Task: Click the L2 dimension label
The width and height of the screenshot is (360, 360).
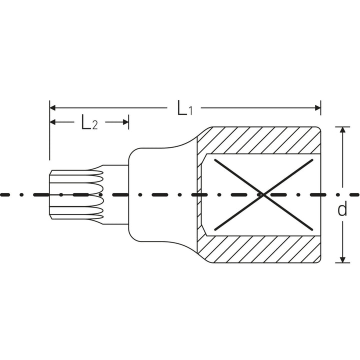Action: tap(89, 123)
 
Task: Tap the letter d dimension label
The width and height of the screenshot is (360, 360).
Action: tap(342, 209)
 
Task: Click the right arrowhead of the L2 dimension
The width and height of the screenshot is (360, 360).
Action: tap(125, 122)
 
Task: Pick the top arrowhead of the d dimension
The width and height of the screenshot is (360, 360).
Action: tap(342, 129)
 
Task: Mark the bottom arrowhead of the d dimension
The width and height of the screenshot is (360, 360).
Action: tap(342, 259)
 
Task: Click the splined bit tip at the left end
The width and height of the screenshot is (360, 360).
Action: tap(75, 194)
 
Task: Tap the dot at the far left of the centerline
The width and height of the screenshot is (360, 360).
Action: tap(3, 194)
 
